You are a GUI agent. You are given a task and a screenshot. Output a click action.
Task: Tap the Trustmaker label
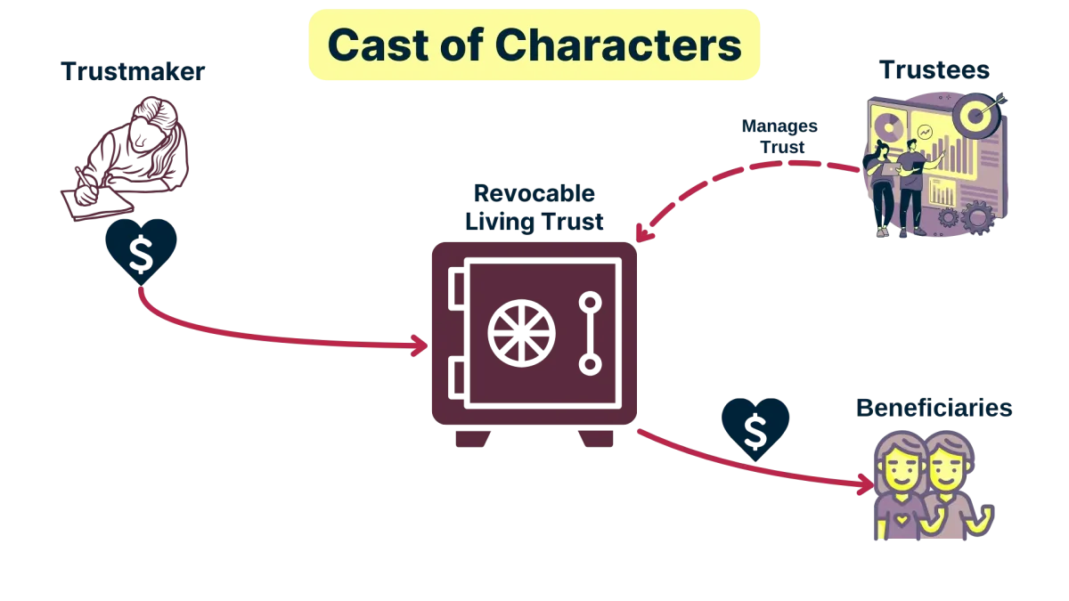tap(132, 73)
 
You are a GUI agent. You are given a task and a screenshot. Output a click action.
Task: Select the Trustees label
tap(936, 71)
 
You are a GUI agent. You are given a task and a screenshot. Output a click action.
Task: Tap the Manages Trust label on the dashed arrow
tap(779, 135)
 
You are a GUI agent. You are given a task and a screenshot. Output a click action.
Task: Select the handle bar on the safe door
tap(589, 332)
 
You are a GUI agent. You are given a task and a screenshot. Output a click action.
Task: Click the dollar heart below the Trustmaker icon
tap(141, 248)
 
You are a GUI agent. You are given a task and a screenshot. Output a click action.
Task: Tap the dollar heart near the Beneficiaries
tap(755, 426)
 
